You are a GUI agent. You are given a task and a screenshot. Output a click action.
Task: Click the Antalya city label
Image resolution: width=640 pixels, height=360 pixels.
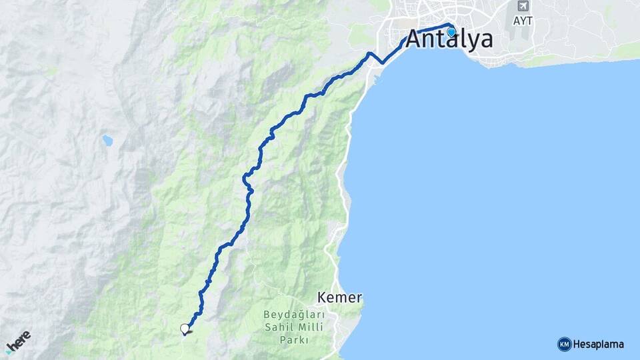[449, 39]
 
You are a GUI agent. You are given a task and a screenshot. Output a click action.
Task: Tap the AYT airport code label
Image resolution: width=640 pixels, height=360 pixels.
[523, 21]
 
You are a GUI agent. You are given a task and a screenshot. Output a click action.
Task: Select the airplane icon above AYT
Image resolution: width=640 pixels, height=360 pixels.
[522, 7]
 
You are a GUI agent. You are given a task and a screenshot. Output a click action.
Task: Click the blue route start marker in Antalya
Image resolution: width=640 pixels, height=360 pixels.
[451, 31]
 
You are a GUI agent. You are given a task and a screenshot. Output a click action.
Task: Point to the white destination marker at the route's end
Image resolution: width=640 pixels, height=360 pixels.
[185, 328]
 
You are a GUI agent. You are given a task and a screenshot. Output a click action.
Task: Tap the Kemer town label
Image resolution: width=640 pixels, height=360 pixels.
[340, 297]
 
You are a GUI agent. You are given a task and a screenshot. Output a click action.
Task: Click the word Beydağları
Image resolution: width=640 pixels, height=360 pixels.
[293, 315]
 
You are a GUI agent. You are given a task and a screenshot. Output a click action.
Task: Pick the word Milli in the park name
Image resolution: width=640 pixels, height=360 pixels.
[309, 327]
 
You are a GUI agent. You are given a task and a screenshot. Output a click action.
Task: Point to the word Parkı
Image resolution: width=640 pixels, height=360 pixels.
[293, 339]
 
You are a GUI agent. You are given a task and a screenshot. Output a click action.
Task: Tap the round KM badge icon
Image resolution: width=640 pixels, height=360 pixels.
[564, 344]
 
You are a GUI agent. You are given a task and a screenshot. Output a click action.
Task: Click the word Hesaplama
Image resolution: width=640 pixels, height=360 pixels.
[599, 344]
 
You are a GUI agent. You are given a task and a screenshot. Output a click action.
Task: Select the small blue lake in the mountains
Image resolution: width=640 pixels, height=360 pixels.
[107, 141]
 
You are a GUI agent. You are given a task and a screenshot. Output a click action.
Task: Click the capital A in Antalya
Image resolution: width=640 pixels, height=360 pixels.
[415, 39]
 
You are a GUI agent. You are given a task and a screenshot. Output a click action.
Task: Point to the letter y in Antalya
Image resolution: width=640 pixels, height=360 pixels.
[471, 41]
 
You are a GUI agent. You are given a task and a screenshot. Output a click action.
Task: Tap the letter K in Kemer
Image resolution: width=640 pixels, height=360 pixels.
[323, 297]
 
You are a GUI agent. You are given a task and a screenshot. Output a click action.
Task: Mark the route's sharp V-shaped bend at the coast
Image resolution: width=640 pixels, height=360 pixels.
[382, 63]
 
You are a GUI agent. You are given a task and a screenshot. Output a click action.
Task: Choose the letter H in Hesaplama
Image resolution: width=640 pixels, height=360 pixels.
[577, 344]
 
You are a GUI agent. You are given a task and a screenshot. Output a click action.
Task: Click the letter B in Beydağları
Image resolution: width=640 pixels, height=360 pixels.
[266, 314]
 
